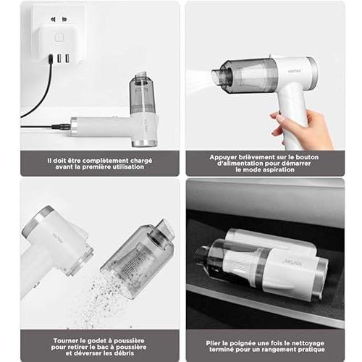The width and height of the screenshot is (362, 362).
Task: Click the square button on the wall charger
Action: pos(59,38)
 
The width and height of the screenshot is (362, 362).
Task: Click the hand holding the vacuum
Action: pos(302,129)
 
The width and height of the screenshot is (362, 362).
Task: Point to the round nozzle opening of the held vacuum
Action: pos(218,77)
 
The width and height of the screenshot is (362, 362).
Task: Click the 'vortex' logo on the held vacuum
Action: pos(295,71)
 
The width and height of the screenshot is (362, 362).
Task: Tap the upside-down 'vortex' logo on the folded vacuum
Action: pos(292,262)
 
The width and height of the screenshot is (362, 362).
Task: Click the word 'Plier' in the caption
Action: pos(213,343)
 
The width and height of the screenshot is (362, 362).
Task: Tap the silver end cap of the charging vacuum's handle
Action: pos(74,127)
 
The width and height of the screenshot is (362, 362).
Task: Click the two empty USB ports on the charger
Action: pos(63,59)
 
